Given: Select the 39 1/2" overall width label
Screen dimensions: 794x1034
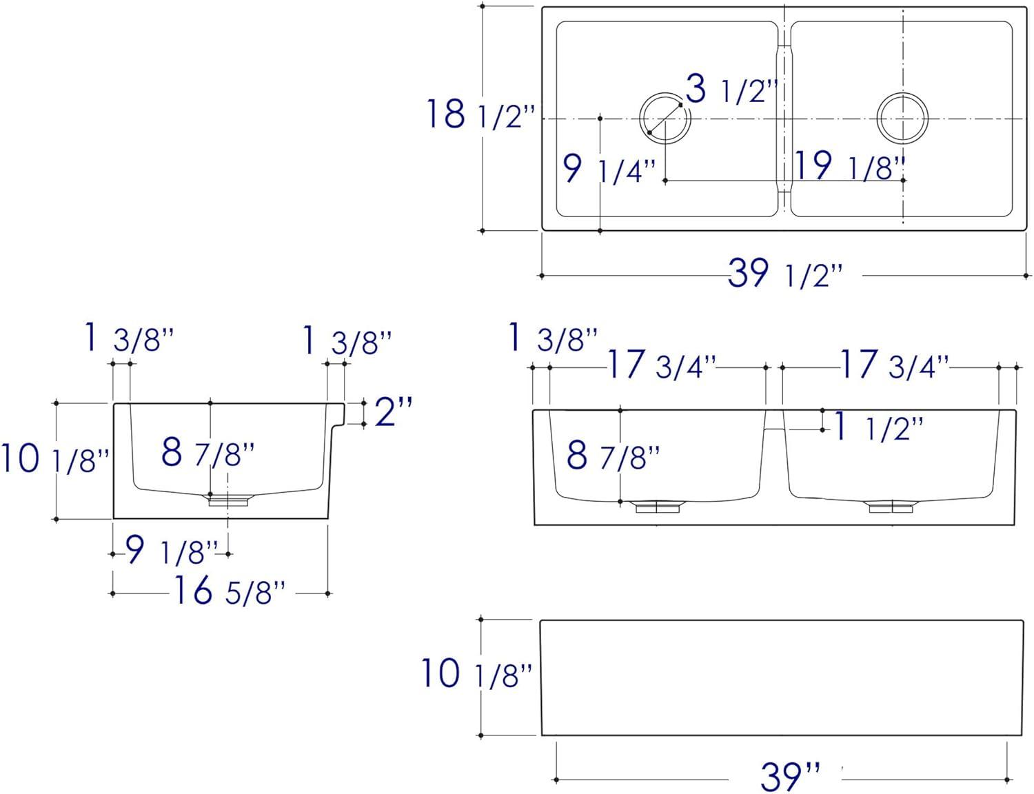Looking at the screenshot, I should [x=785, y=274].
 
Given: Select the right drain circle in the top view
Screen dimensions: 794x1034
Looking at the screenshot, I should [x=902, y=118].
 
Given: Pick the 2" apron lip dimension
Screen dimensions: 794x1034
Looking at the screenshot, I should [x=393, y=413].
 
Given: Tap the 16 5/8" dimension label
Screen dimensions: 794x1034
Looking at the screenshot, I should [x=228, y=591].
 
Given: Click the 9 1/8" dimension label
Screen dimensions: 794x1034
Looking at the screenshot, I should [x=172, y=551].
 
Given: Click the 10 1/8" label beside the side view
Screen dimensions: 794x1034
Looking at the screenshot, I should [x=55, y=460].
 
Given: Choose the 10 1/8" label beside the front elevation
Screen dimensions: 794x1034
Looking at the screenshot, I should [x=476, y=674].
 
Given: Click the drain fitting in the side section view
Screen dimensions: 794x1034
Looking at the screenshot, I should [x=228, y=500].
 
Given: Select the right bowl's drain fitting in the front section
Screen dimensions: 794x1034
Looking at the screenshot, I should [x=891, y=507].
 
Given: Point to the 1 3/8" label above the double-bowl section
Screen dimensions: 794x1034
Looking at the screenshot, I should [x=552, y=338].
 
